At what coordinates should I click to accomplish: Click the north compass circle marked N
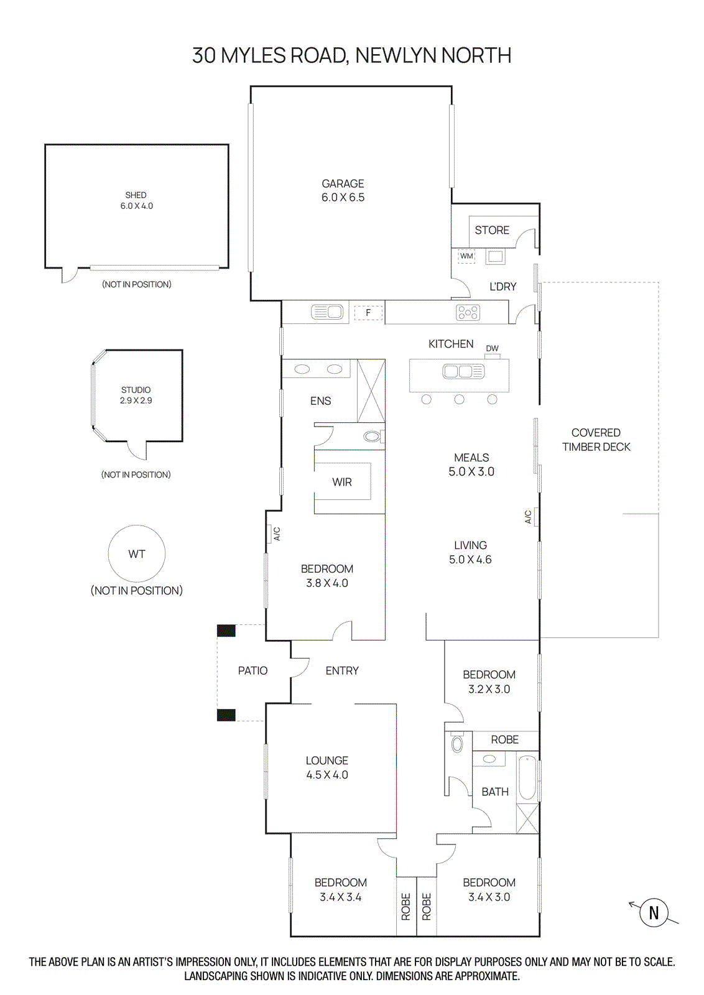point(654,912)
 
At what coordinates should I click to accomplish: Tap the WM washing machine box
point(466,256)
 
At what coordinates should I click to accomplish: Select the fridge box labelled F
point(368,313)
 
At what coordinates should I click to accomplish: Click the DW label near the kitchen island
point(492,348)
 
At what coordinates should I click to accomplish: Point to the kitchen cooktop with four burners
point(468,312)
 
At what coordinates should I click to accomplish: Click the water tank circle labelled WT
point(137,553)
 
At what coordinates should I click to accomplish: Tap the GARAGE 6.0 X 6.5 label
point(343,190)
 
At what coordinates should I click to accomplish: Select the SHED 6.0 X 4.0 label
point(136,200)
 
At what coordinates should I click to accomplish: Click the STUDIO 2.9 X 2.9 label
point(136,395)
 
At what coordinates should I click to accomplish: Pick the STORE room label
point(492,230)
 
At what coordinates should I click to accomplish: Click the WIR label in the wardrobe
point(342,482)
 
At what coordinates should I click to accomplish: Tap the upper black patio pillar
point(226,631)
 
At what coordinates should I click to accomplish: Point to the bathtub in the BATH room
point(527,777)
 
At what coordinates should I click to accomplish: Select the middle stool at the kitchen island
point(459,399)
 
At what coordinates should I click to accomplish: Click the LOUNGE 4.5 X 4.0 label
point(327,767)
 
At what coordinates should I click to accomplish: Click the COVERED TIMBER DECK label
point(596,440)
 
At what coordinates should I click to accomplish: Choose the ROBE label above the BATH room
point(504,739)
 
